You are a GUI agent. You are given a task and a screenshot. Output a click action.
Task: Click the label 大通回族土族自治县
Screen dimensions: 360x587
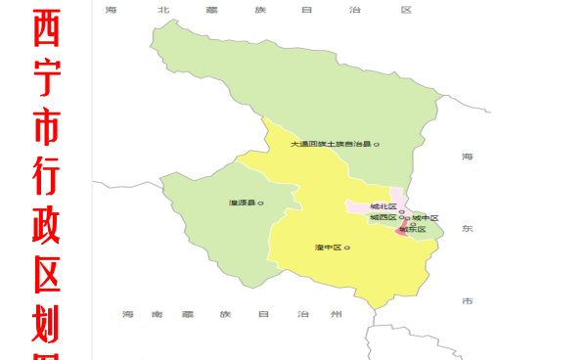[331, 145]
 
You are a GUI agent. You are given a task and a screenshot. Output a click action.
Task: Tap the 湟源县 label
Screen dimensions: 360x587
[242, 202]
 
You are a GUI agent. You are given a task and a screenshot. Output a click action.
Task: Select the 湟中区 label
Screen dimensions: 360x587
[327, 247]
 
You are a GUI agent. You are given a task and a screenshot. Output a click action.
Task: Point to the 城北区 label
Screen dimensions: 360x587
[383, 207]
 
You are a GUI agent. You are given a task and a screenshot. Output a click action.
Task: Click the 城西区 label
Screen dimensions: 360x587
[382, 217]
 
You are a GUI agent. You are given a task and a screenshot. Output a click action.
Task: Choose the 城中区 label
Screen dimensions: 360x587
[425, 217]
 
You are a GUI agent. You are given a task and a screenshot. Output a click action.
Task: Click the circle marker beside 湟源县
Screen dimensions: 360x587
[260, 202]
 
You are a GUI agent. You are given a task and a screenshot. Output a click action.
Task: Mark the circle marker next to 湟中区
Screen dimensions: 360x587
[346, 247]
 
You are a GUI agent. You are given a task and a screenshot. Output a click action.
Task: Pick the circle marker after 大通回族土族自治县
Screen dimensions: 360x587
[377, 145]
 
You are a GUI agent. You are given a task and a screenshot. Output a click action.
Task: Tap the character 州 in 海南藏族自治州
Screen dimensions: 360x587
[338, 314]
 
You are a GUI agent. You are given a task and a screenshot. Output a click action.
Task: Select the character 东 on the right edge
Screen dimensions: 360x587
[468, 228]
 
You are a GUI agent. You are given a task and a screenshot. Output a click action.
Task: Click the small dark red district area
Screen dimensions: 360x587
[401, 231]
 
